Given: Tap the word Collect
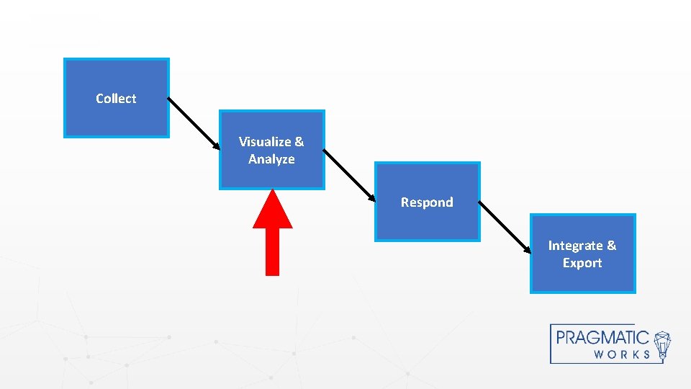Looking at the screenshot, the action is pos(116,99).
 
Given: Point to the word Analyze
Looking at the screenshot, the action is pos(271,159).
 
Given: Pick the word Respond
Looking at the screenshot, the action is pos(427,202).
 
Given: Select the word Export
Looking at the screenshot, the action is pos(582,263).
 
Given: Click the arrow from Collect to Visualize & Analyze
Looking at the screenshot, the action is pos(194,124).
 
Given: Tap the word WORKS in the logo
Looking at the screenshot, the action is pos(622,354).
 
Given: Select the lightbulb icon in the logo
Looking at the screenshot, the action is pos(662,344).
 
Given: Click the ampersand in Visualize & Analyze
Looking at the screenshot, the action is pos(299,142).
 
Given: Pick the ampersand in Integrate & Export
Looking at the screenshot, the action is pos(611,246).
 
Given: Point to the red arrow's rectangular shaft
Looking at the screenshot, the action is pos(273,251).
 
